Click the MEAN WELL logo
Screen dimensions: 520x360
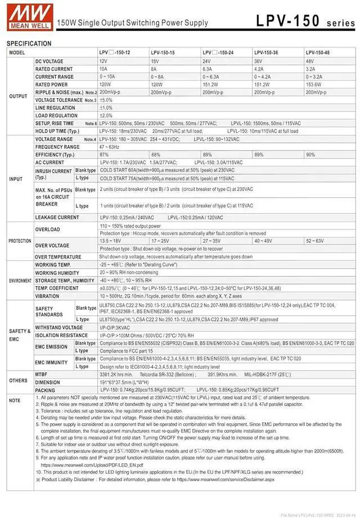point(26,16)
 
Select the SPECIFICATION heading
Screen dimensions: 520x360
point(29,43)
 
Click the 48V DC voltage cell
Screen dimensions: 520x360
point(310,61)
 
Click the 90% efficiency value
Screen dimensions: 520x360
point(310,155)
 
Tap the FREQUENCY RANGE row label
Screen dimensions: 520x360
point(57,147)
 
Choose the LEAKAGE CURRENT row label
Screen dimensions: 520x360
point(57,217)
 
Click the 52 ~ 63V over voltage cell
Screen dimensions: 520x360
point(314,241)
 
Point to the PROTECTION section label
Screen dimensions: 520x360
point(20,241)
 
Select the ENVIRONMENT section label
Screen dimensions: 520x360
point(20,280)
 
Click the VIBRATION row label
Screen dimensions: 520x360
point(47,296)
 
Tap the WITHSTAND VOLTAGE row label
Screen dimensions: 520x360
point(59,327)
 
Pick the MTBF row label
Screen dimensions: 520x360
point(42,373)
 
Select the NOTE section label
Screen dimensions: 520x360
point(14,400)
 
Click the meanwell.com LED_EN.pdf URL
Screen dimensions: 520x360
point(92,465)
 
